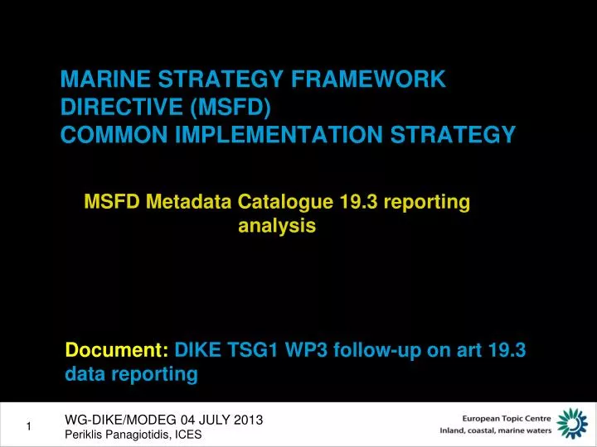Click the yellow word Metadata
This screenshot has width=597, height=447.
(194, 201)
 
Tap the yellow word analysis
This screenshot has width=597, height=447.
(277, 225)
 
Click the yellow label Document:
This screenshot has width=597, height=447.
(117, 350)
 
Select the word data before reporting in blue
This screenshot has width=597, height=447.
(85, 374)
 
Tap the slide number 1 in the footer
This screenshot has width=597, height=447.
(29, 426)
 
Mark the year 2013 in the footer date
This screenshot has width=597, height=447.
(248, 420)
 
